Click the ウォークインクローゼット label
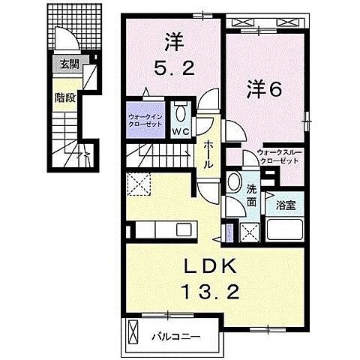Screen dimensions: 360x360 [x=144, y=120]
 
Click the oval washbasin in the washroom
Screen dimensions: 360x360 [x=235, y=184]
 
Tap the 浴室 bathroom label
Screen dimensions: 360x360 [x=286, y=203]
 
